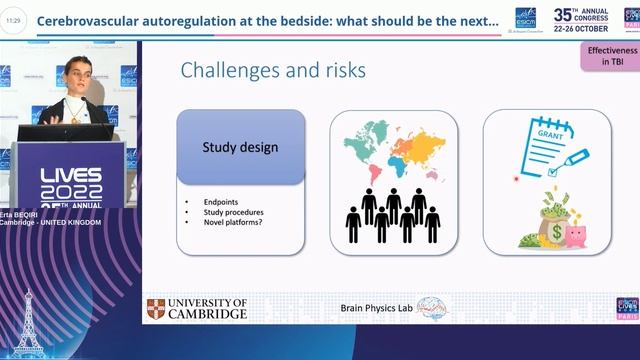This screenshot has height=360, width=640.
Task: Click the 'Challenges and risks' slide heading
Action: pyautogui.click(x=273, y=69)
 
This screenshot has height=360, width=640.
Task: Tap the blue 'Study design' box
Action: pyautogui.click(x=240, y=148)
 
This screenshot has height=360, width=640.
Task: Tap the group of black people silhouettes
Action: pyautogui.click(x=393, y=214)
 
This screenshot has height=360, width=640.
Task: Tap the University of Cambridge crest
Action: pyautogui.click(x=157, y=309)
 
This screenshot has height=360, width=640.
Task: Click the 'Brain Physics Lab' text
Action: pyautogui.click(x=377, y=309)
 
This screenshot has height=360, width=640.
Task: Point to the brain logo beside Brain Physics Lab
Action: pyautogui.click(x=431, y=309)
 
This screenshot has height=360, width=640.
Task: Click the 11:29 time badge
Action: pyautogui.click(x=13, y=20)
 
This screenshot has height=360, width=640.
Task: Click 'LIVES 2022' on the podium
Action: pyautogui.click(x=70, y=182)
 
